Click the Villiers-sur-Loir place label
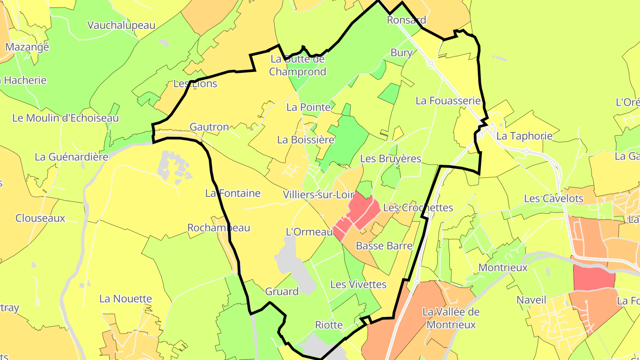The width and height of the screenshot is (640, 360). (x=318, y=195)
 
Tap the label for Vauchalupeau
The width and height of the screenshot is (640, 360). (x=121, y=25)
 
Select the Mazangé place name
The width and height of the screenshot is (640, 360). (x=27, y=47)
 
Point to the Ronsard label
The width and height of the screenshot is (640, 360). (x=406, y=20)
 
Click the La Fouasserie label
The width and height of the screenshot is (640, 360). (x=448, y=101)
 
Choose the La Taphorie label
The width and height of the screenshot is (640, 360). (x=524, y=136)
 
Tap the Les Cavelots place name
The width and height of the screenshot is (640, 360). (x=553, y=199)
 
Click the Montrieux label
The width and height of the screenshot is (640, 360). (x=503, y=268)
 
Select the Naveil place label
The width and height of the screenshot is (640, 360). (x=531, y=300)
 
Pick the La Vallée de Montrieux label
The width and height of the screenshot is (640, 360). (x=451, y=318)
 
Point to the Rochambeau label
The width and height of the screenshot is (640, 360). (x=218, y=228)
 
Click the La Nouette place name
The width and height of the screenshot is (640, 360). (x=125, y=299)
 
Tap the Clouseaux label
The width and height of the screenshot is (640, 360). (x=40, y=218)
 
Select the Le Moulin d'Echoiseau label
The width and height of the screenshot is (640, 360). (x=65, y=118)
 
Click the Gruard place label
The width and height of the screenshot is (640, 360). (x=281, y=292)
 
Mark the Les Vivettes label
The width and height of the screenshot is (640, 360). (x=358, y=284)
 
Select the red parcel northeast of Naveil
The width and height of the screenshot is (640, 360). (x=594, y=277)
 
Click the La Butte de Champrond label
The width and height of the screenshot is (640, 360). (x=297, y=65)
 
